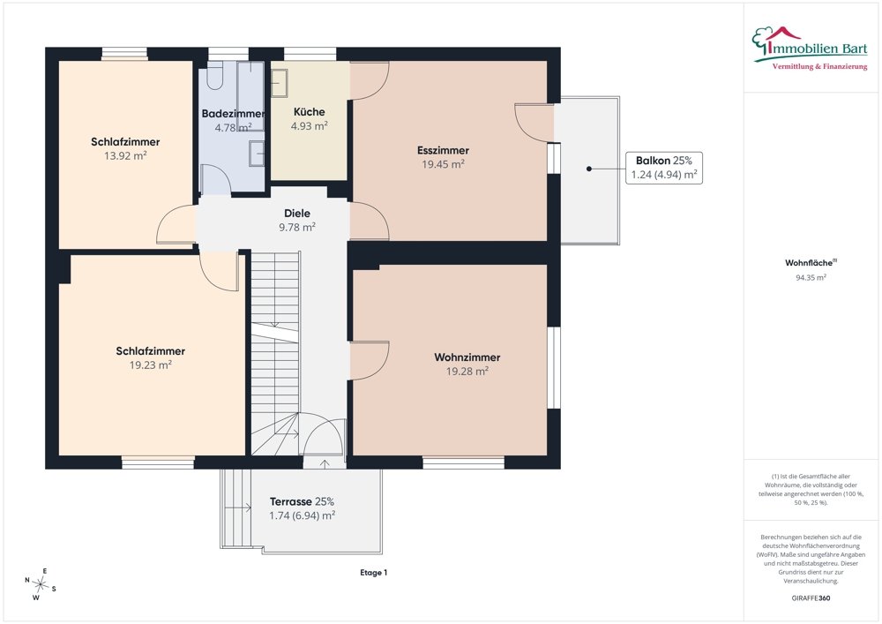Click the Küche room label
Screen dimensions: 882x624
tap(309, 111)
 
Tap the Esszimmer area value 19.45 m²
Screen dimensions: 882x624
tap(444, 164)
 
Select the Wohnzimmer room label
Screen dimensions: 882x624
tap(467, 357)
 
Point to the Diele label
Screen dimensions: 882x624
tap(297, 214)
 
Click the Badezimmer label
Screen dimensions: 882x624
tap(233, 114)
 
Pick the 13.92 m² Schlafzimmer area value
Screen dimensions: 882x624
tap(125, 156)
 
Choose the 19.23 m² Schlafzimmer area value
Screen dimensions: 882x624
tap(150, 365)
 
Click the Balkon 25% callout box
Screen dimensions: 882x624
tap(664, 168)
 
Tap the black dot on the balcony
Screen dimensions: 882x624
tap(589, 169)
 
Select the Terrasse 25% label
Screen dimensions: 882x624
tap(302, 501)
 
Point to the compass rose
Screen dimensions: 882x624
tap(40, 584)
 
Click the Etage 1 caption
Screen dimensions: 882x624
tap(373, 573)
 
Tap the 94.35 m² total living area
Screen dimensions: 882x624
tap(811, 277)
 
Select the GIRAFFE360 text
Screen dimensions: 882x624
tap(811, 598)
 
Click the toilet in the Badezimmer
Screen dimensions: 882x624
tap(215, 76)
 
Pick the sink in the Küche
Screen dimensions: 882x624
tap(280, 83)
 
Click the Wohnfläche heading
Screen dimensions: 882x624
tap(811, 263)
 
